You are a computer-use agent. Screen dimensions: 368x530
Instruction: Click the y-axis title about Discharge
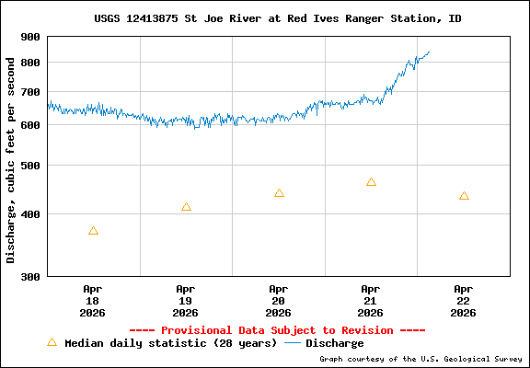11,158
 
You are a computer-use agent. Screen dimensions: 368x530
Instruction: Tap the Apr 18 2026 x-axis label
93,300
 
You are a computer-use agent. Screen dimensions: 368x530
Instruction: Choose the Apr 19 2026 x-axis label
186,300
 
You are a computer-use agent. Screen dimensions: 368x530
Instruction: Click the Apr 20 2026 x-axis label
279,300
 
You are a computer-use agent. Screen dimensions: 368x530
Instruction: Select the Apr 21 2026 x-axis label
371,300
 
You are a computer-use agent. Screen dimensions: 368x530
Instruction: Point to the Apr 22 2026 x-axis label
464,300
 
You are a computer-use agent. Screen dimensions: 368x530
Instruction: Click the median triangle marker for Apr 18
93,231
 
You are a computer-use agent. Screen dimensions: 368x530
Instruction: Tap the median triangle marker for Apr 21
371,182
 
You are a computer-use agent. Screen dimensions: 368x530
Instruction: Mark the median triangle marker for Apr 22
464,196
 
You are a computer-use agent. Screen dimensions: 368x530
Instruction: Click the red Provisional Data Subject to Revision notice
277,330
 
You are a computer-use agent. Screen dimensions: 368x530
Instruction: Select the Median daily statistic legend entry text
170,343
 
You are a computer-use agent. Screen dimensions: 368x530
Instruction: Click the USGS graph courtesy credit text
420,360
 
